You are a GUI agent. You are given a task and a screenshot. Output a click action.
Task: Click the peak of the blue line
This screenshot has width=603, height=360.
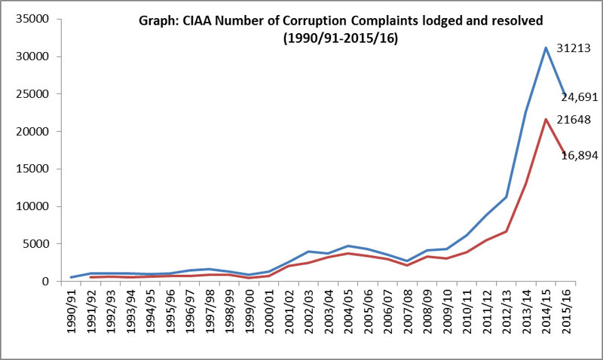(545, 47)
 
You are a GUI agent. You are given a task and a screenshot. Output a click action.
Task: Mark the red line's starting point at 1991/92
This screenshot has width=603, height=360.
(91, 277)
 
